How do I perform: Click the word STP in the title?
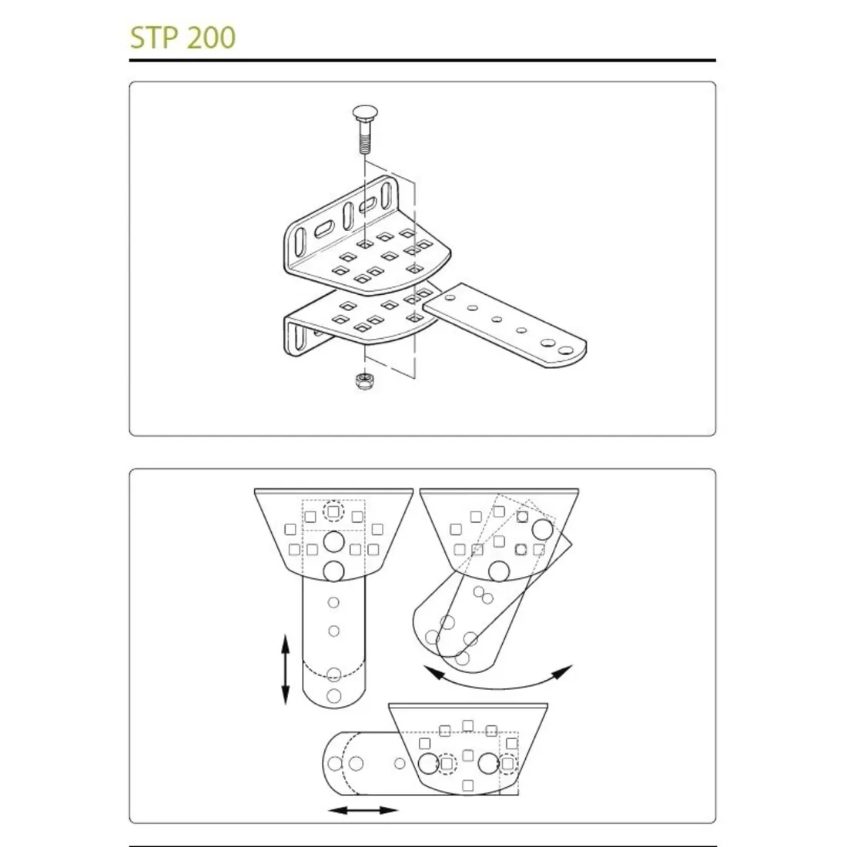point(155,37)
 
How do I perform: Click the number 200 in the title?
point(212,37)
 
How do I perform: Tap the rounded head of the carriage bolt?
point(364,113)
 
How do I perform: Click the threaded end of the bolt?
point(365,144)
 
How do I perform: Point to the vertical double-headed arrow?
point(285,670)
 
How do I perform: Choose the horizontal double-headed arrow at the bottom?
point(363,810)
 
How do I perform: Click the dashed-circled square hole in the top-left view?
point(333,511)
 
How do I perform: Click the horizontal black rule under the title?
point(423,60)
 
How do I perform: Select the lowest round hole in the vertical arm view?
point(334,695)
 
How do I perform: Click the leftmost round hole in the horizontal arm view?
point(335,763)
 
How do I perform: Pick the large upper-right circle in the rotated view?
point(542,530)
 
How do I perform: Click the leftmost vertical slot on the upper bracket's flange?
point(301,241)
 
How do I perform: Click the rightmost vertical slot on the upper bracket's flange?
point(387,194)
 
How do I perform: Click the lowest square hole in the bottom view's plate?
point(468,785)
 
